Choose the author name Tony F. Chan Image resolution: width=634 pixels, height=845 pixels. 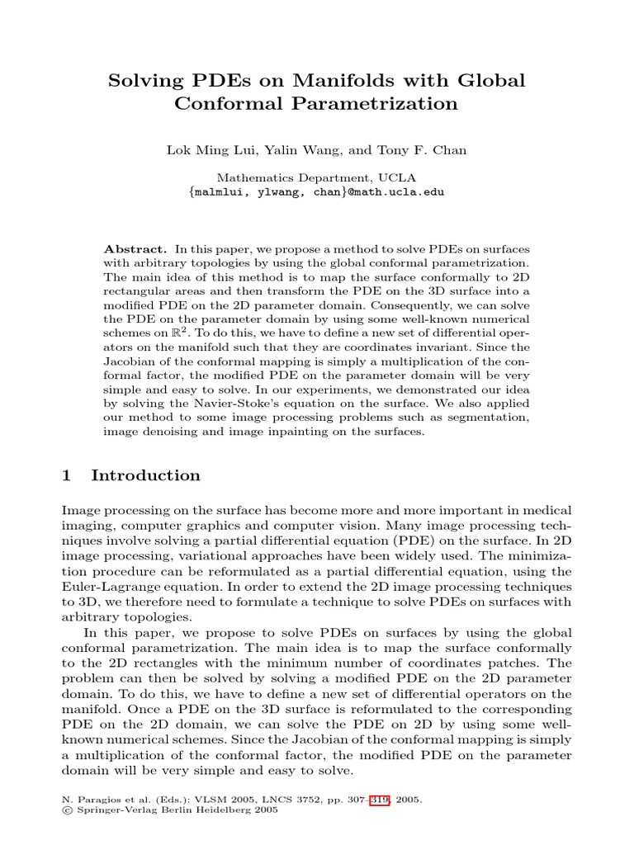[x=423, y=150]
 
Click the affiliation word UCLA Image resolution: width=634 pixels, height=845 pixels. [x=399, y=177]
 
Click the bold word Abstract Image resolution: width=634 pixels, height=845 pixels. [x=136, y=249]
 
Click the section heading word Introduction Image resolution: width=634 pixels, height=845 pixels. [x=145, y=476]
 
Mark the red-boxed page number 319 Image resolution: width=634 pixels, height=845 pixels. [x=379, y=800]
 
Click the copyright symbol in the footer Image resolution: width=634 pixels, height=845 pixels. [x=67, y=810]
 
